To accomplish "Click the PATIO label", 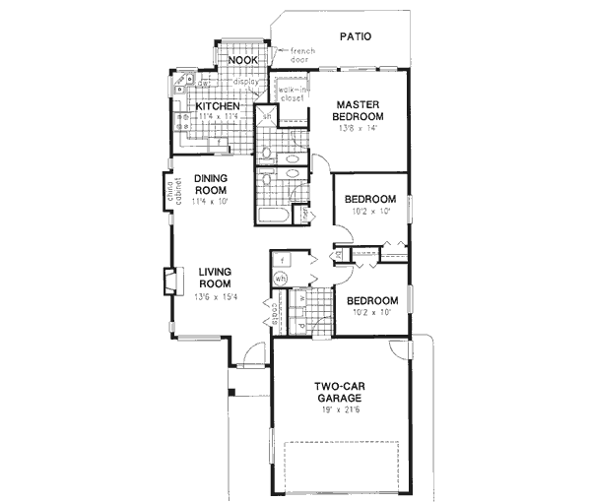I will coord(355,35).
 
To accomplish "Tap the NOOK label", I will coord(242,61).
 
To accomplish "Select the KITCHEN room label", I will coord(218,105).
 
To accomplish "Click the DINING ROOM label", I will coord(211,184).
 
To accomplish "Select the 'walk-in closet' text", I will coord(292,90).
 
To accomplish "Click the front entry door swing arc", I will coord(254,352).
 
